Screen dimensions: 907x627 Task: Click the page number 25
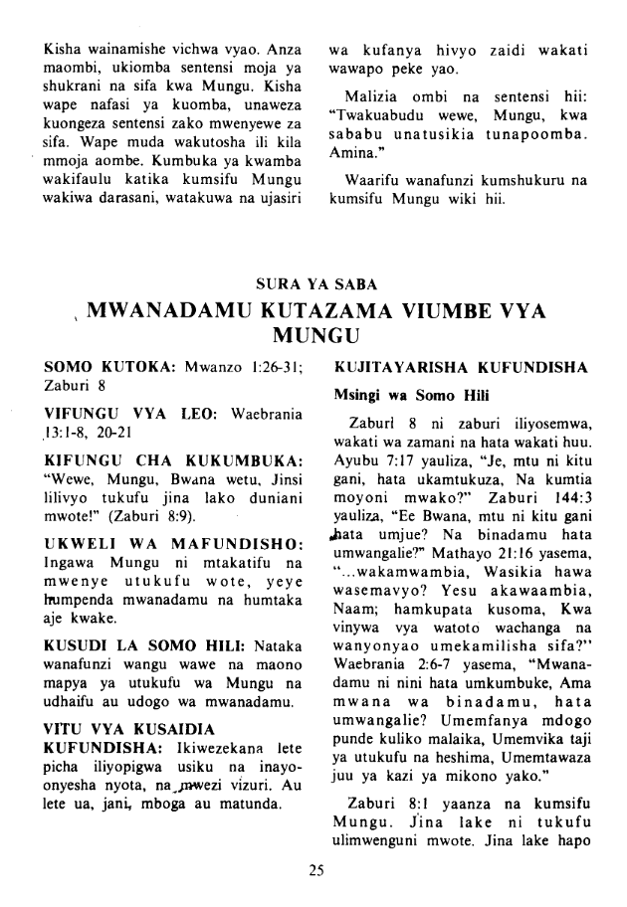[x=315, y=872]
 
